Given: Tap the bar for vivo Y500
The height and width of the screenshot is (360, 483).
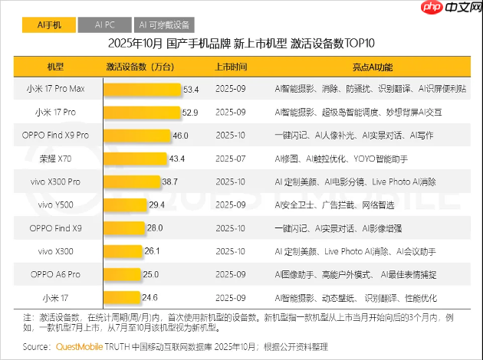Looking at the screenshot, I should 126,205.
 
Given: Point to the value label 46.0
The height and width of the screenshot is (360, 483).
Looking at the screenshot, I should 180,136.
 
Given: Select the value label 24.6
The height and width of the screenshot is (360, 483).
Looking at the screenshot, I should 149,297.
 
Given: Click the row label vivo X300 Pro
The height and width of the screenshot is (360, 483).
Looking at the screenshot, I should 60,182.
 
